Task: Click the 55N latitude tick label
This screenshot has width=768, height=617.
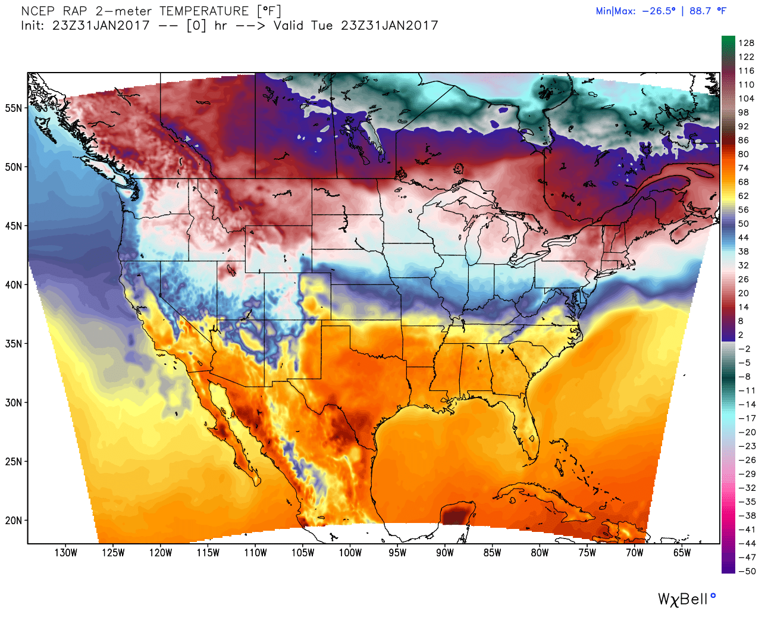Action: tap(14, 108)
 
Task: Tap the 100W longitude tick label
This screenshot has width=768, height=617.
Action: tap(350, 553)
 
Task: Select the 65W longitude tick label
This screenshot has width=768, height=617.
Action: tap(682, 553)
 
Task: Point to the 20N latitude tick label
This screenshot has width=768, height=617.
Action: tap(14, 521)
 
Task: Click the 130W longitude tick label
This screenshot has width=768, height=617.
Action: tap(65, 553)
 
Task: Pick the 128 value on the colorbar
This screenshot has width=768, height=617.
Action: tap(746, 43)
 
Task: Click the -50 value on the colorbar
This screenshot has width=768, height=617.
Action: tap(747, 571)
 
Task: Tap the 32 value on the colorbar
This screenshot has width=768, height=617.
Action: tap(744, 265)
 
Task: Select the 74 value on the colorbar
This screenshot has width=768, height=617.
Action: tap(744, 168)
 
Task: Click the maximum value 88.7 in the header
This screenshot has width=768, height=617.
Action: tap(700, 11)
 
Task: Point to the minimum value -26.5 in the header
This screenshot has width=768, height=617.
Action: tap(659, 11)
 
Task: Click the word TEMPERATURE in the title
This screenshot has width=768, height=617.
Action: tap(204, 11)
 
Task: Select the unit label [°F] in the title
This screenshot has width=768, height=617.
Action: tap(268, 11)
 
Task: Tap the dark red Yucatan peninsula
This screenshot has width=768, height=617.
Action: tap(456, 513)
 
